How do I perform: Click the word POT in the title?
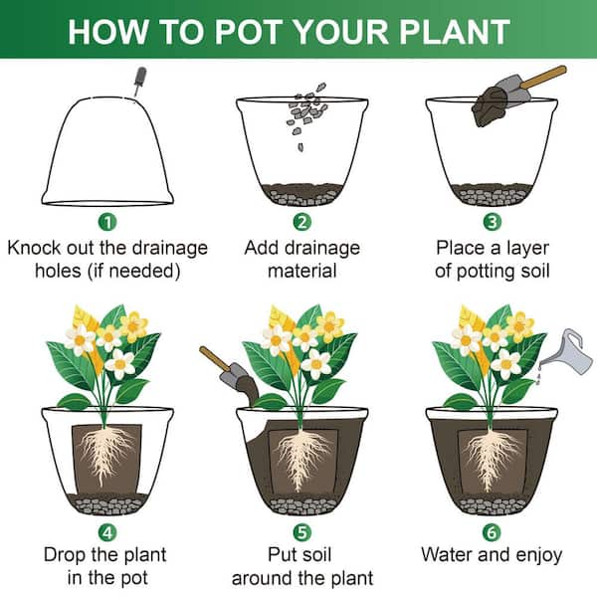point(251,32)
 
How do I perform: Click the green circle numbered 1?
point(107,222)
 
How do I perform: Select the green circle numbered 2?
point(301,222)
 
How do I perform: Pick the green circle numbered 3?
point(492,222)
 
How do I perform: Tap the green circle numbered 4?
point(107,532)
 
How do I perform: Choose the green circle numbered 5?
point(301,532)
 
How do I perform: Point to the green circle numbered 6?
point(492,532)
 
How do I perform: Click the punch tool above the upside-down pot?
point(139,82)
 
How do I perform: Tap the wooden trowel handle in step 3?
point(543,77)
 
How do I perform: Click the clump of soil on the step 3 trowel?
point(490,107)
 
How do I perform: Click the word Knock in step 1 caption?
point(34,248)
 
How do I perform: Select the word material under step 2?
point(302,271)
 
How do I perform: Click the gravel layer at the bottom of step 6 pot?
point(493,505)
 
